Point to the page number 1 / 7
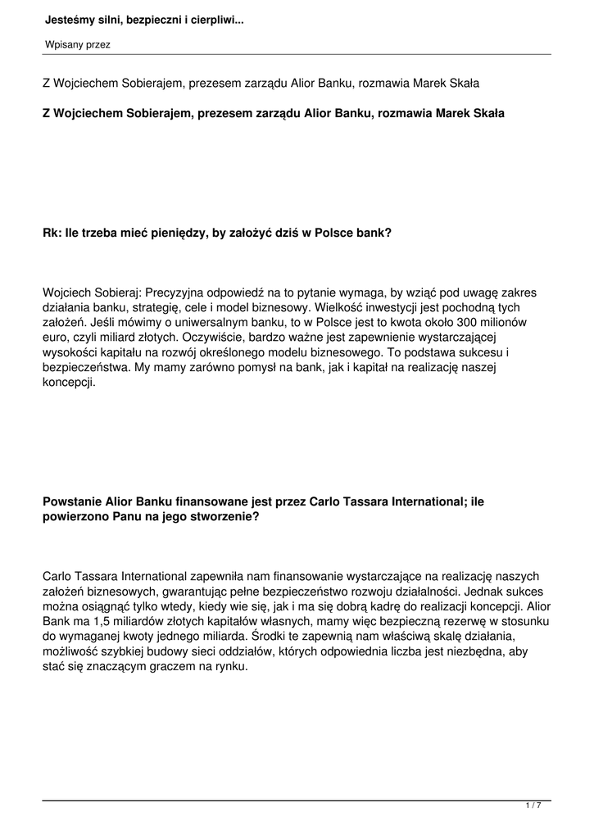pyautogui.click(x=533, y=806)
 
